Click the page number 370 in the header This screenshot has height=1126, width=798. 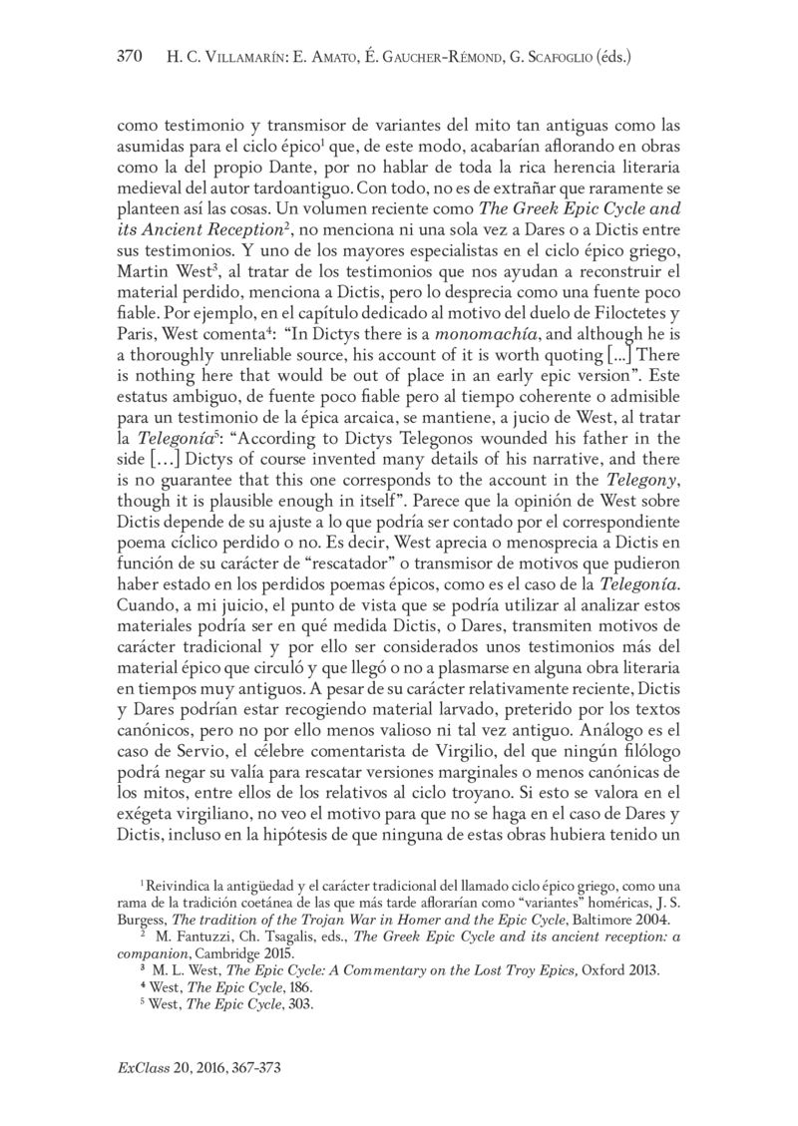tap(131, 57)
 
